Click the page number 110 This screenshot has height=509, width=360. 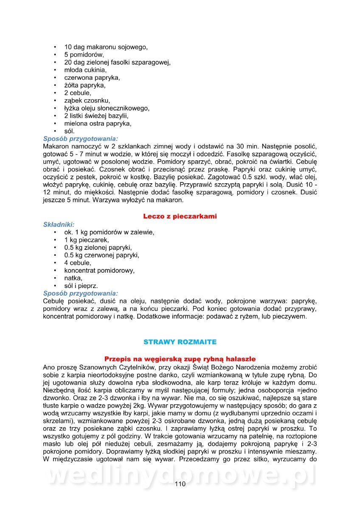click(180, 484)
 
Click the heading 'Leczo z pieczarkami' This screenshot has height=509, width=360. click(180, 216)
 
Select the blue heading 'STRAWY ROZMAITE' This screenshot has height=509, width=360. click(180, 341)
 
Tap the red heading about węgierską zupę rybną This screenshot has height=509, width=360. click(180, 359)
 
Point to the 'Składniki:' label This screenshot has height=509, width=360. click(59, 224)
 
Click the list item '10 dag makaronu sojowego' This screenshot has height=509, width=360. click(106, 47)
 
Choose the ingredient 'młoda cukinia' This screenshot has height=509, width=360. click(85, 70)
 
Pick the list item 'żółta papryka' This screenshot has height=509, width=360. click(85, 85)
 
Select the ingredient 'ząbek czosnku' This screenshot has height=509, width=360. click(87, 101)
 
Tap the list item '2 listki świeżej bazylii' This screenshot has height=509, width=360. click(96, 116)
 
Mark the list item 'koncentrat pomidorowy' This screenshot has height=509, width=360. click(99, 271)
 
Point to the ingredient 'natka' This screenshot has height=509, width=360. click(73, 278)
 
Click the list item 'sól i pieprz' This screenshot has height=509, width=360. click(81, 286)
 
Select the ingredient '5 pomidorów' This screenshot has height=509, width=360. click(84, 55)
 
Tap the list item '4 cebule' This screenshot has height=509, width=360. click(77, 263)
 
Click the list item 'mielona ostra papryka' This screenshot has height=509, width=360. click(98, 123)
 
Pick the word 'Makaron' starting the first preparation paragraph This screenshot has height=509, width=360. click(56, 146)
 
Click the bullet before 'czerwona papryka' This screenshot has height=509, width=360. click(55, 78)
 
